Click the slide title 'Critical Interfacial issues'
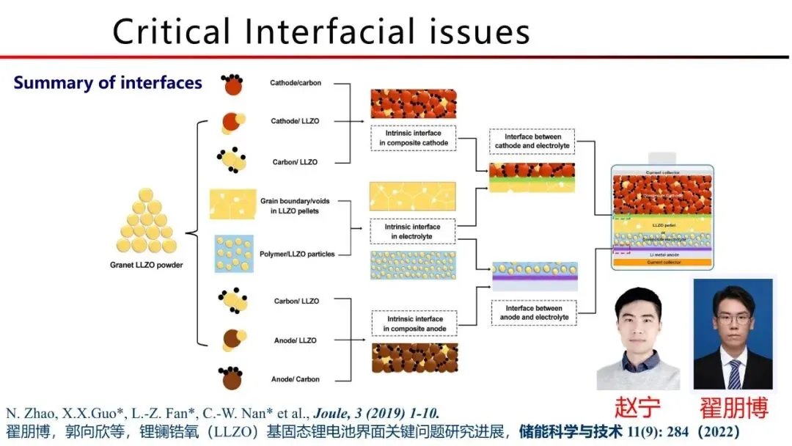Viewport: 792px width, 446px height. pos(321,32)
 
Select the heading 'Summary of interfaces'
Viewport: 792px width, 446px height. pos(108,83)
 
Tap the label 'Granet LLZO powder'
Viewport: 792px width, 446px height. pos(146,265)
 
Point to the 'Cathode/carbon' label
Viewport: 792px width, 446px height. pos(296,83)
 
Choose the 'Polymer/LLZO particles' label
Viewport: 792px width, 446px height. pos(297,254)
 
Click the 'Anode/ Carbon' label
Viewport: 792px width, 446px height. pos(296,379)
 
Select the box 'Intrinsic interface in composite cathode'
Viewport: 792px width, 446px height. pos(413,138)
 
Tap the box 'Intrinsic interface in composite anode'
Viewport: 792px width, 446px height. pos(414,323)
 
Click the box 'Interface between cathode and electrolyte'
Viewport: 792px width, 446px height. pos(533,142)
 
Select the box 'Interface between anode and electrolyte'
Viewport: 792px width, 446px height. pos(532,313)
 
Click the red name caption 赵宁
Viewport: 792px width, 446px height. pos(637,407)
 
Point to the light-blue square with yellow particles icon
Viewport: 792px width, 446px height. pos(234,254)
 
